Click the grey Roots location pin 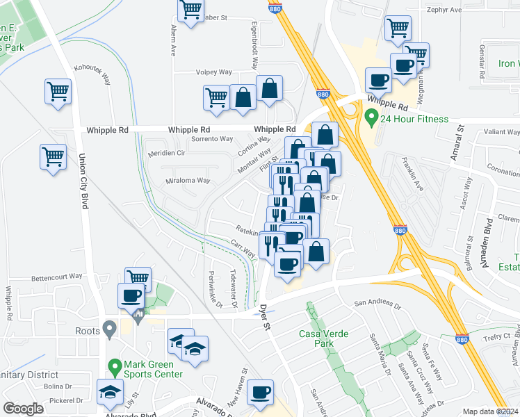(x=108, y=327)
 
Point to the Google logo (x=23, y=409)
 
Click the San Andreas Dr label (x=378, y=304)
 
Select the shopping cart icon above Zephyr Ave (x=398, y=28)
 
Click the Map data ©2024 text (x=490, y=411)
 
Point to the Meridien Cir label (x=166, y=153)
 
